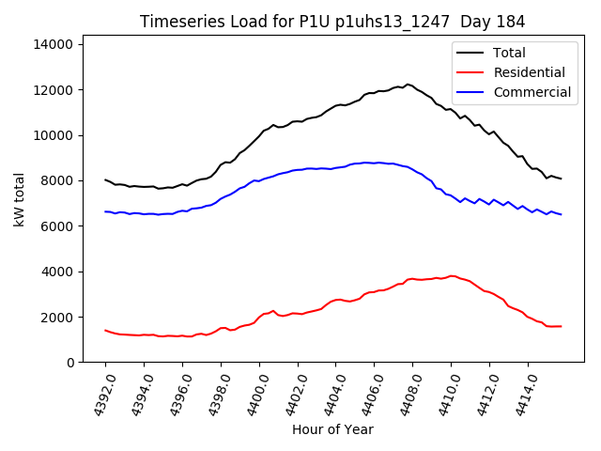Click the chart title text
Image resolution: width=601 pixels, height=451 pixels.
(x=332, y=22)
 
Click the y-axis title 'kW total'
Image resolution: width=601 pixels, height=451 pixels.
(x=20, y=199)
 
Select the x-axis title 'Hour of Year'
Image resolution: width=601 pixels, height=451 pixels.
(x=332, y=429)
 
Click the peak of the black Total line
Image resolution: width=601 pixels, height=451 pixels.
(x=408, y=85)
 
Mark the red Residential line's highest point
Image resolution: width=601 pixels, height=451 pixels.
(x=452, y=276)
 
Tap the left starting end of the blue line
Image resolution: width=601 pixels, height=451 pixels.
(x=105, y=211)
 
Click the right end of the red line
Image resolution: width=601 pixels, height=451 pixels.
(x=561, y=326)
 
